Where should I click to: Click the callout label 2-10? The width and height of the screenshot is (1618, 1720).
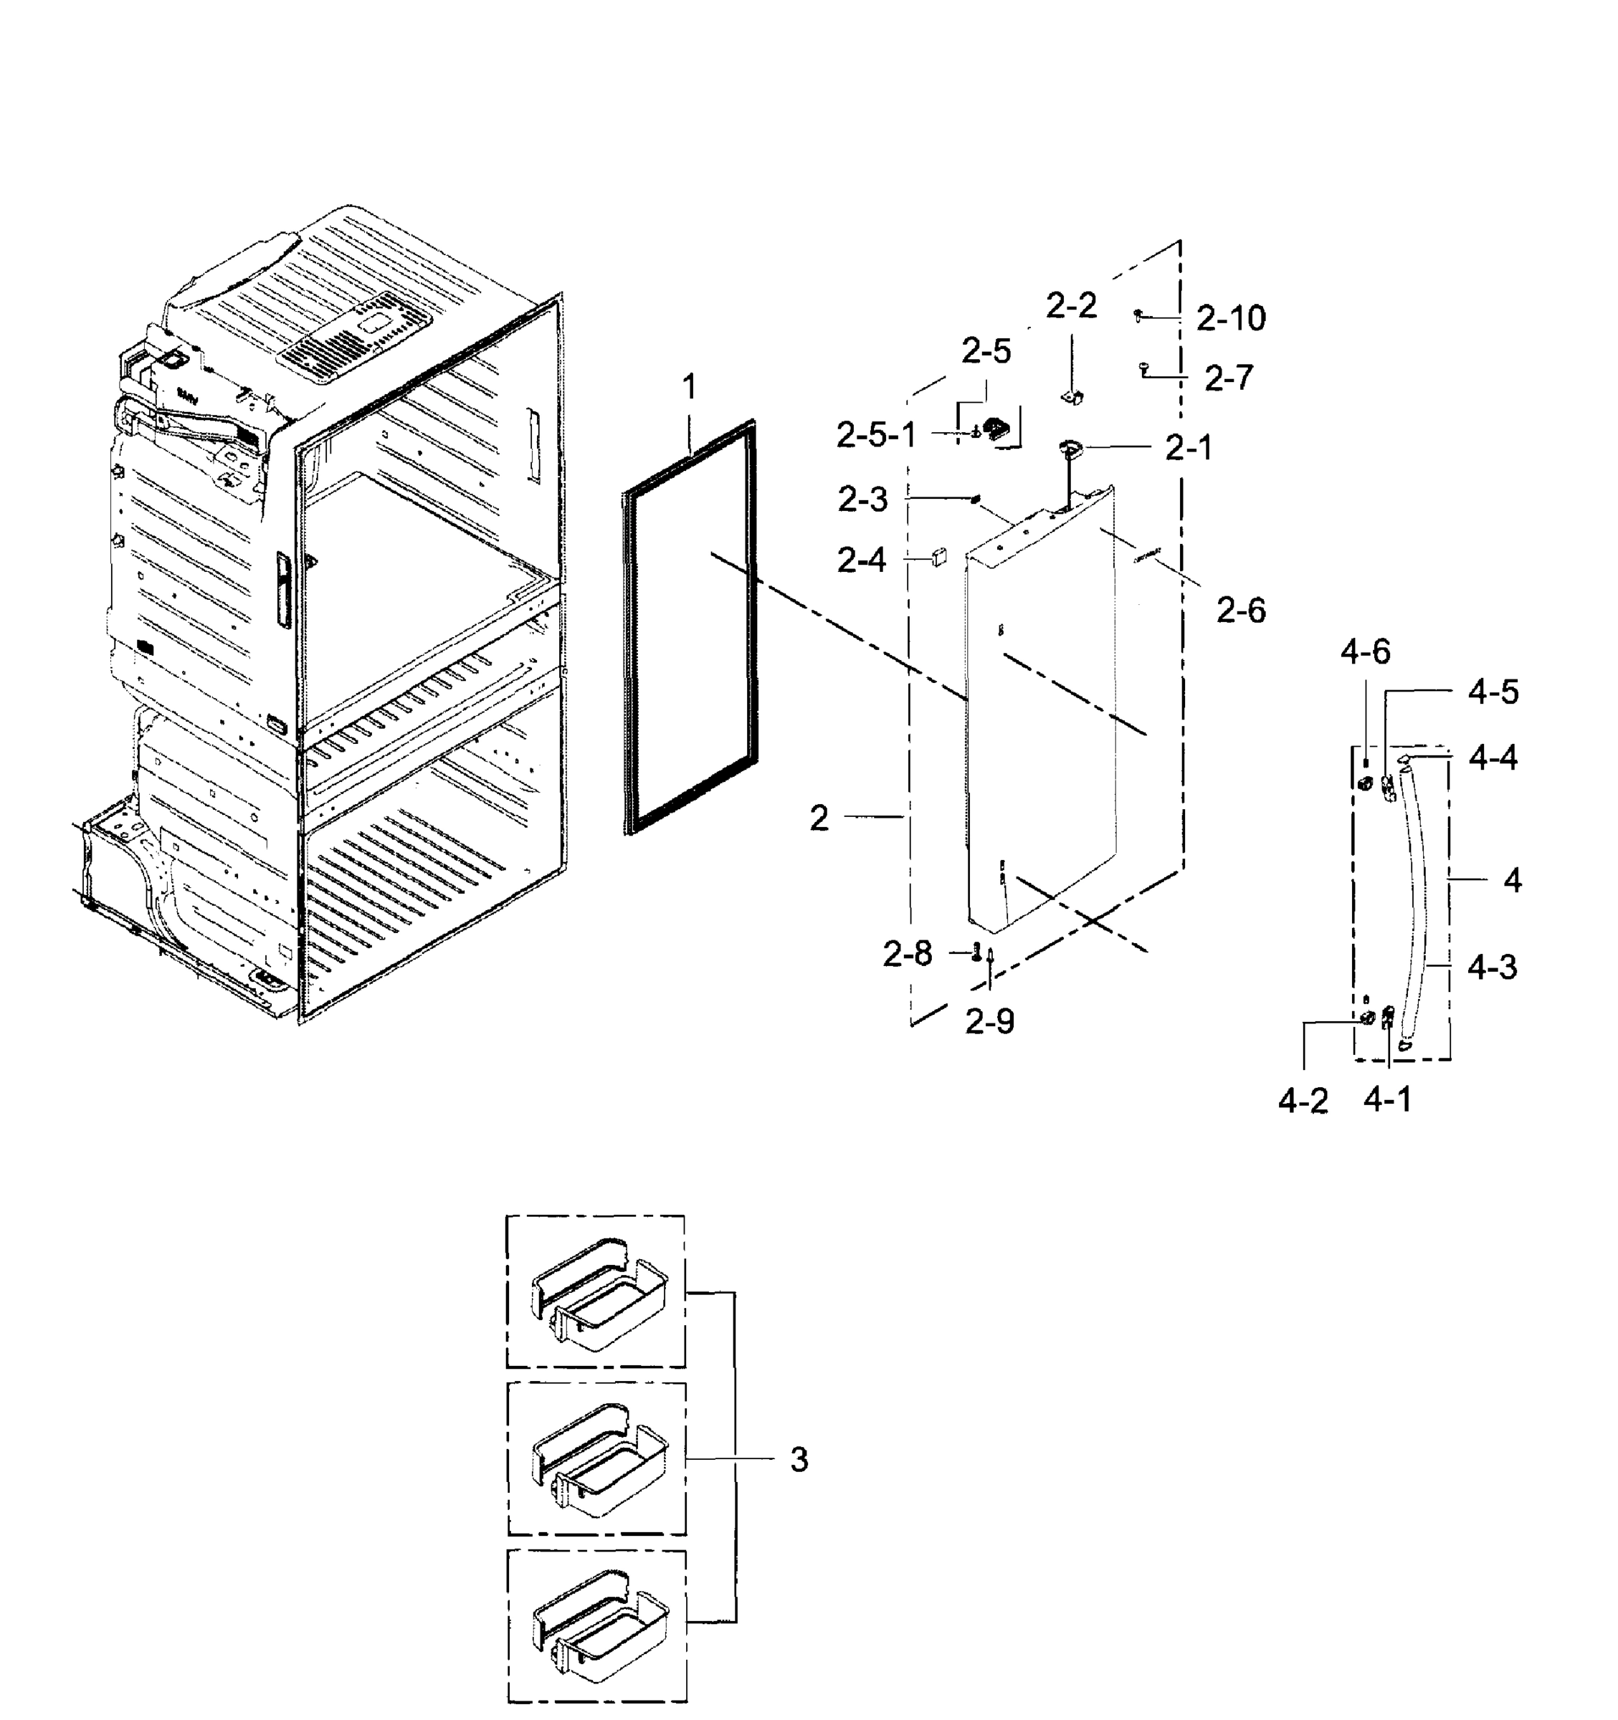(1230, 318)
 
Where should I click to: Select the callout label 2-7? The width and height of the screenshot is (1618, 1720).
(1229, 378)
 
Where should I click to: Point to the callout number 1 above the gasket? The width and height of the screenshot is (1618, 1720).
(689, 387)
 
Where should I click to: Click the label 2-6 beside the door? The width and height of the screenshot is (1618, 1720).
(1240, 611)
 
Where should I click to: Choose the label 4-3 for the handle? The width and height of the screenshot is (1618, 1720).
(1492, 967)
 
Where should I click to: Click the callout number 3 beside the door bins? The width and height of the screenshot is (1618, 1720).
(799, 1461)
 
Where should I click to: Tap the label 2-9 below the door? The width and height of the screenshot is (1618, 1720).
(989, 1023)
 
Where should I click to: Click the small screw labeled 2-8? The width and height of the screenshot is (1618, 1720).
(976, 952)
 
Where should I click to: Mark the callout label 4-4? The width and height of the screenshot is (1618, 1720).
(1493, 759)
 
